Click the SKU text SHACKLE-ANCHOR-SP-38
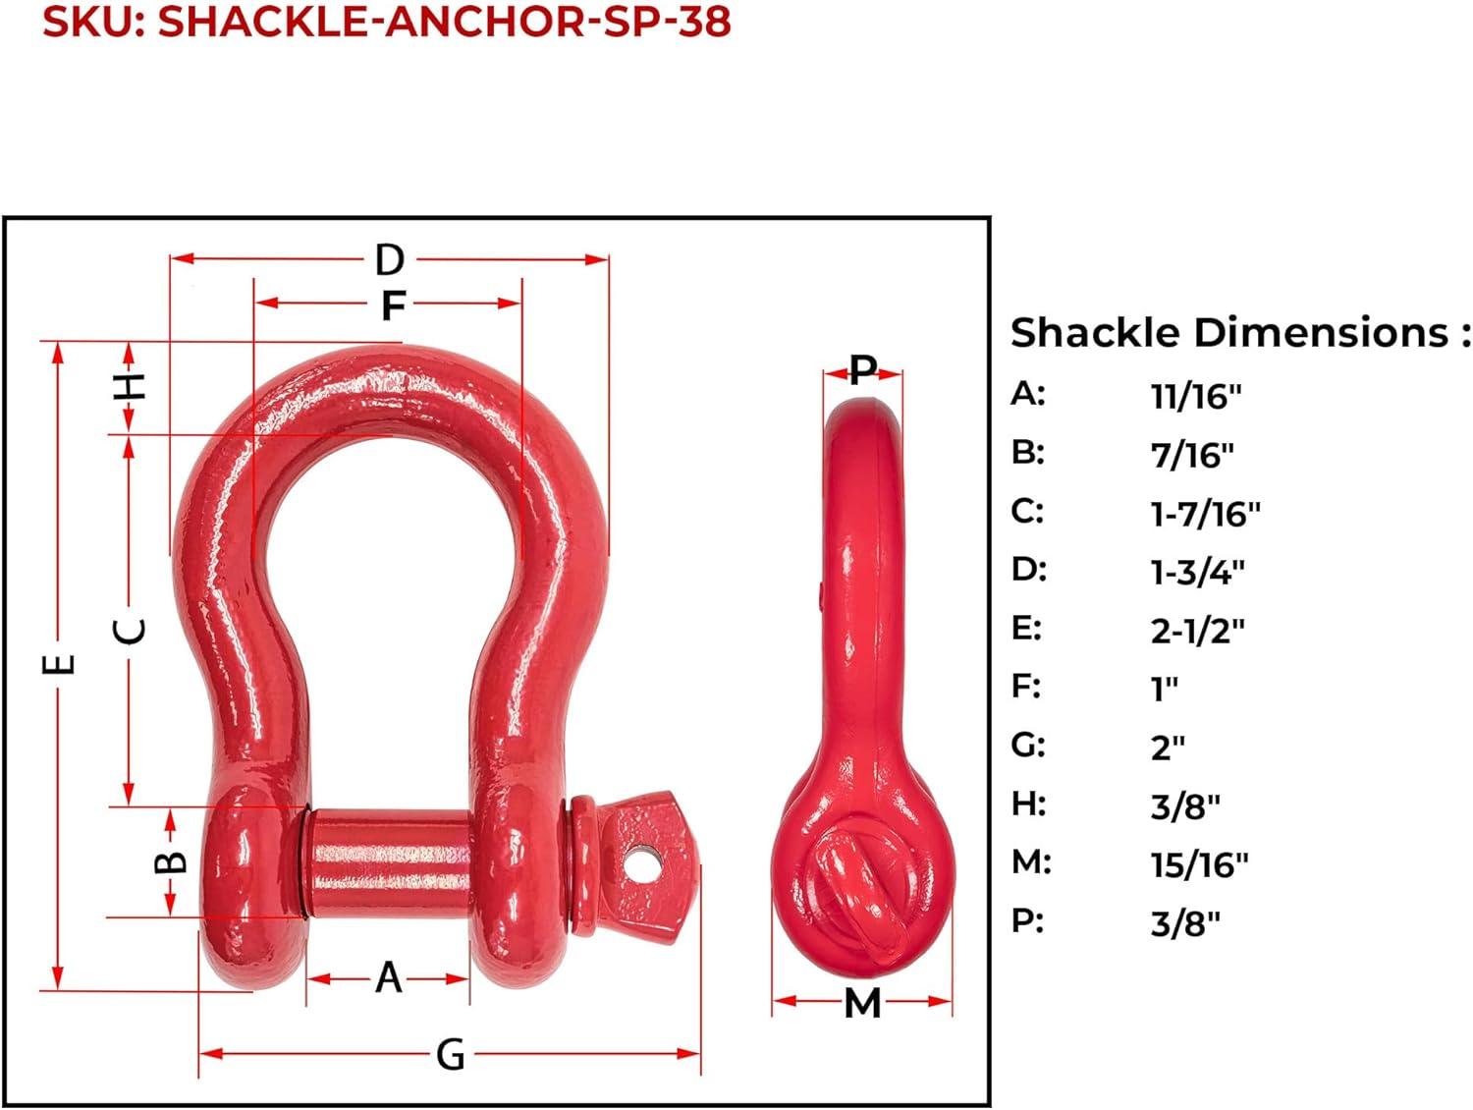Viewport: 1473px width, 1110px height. click(444, 22)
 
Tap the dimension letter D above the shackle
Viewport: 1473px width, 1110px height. click(389, 259)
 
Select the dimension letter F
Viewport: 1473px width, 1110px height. click(393, 305)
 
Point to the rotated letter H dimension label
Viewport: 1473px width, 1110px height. click(130, 386)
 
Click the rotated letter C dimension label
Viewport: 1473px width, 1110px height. click(129, 631)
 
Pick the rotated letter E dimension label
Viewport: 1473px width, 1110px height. click(58, 664)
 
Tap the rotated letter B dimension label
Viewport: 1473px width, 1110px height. click(171, 861)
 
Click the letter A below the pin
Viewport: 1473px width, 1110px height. click(389, 977)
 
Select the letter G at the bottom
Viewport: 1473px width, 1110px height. click(451, 1054)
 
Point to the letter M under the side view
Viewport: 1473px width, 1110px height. click(862, 1004)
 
